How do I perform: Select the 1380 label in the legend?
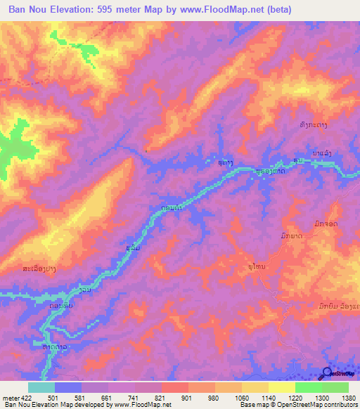(349, 397)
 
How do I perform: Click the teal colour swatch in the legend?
(41, 387)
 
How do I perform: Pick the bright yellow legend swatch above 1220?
(281, 387)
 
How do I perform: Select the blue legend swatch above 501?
(68, 387)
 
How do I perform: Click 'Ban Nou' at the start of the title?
(27, 10)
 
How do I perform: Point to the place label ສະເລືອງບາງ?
(30, 268)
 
